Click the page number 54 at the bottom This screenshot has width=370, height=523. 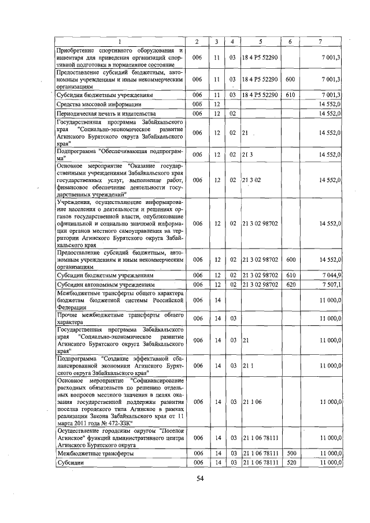[x=200, y=477]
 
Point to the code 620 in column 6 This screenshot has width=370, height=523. [x=290, y=284]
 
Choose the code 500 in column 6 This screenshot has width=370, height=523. [x=290, y=454]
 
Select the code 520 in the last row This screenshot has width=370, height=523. [x=290, y=463]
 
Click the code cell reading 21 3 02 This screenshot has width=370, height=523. [x=252, y=180]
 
